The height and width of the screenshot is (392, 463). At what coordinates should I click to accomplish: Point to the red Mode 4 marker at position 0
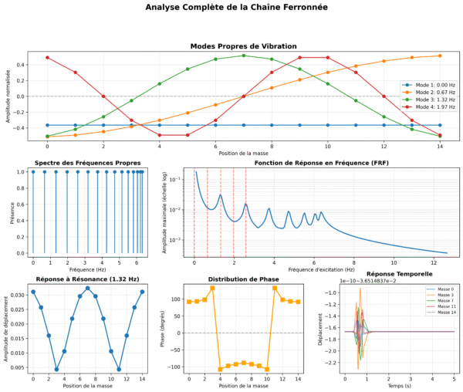point(47,57)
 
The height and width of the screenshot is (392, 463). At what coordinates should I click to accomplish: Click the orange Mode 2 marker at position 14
point(440,56)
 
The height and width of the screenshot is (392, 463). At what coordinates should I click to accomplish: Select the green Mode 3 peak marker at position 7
point(244,56)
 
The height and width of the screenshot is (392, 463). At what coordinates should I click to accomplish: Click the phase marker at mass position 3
point(212,288)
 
